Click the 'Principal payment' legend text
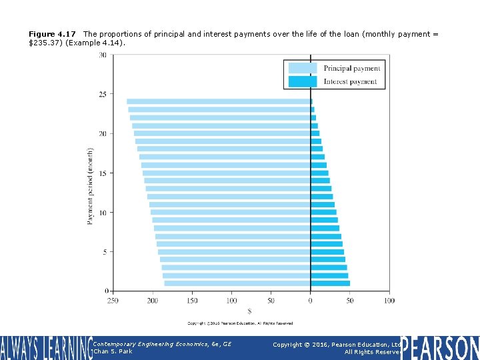coord(351,69)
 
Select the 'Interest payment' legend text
coord(350,82)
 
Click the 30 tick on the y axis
coord(103,55)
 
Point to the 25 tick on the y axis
coord(103,95)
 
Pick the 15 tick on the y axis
coord(103,173)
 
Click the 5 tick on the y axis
coord(104,252)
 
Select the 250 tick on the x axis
coord(113,301)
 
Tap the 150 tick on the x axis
coord(192,301)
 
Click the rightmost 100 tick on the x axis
coord(389,301)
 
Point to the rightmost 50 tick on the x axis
coord(349,301)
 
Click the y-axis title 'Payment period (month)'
coord(91,185)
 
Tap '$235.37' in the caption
coord(43,43)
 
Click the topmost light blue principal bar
coord(219,101)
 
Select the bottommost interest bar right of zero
coord(330,283)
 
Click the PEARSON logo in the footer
coord(439,348)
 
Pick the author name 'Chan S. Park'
coord(113,351)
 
